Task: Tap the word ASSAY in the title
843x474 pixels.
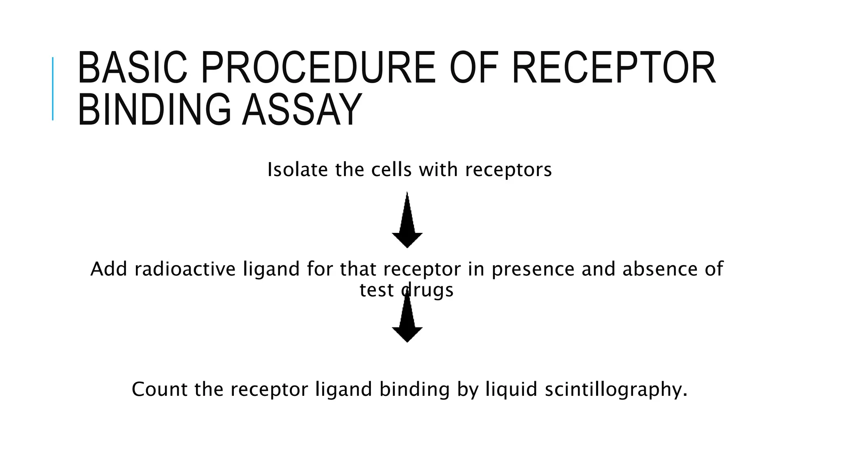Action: [302, 110]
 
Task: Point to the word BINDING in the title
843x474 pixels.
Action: [154, 110]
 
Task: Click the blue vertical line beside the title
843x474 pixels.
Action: [53, 88]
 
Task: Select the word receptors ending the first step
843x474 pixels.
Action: [508, 170]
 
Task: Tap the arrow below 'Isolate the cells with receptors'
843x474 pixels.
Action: [407, 222]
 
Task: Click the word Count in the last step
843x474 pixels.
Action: [159, 389]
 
